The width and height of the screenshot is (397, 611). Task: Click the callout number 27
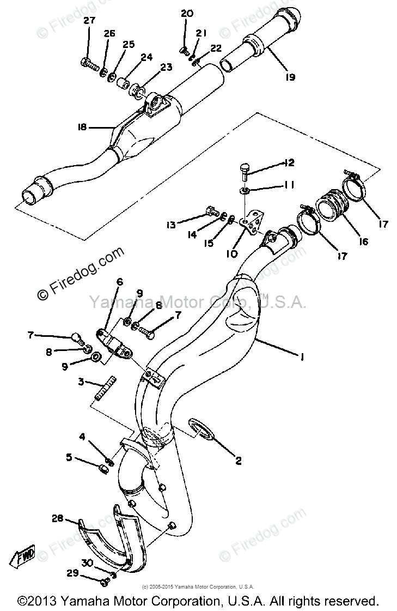(89, 21)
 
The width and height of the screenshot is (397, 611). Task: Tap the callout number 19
(289, 77)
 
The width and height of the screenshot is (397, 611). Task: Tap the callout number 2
(238, 461)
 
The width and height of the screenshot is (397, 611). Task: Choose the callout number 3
(81, 382)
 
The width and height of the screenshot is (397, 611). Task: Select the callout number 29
(74, 573)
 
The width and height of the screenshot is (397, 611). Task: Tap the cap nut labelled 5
(102, 468)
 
